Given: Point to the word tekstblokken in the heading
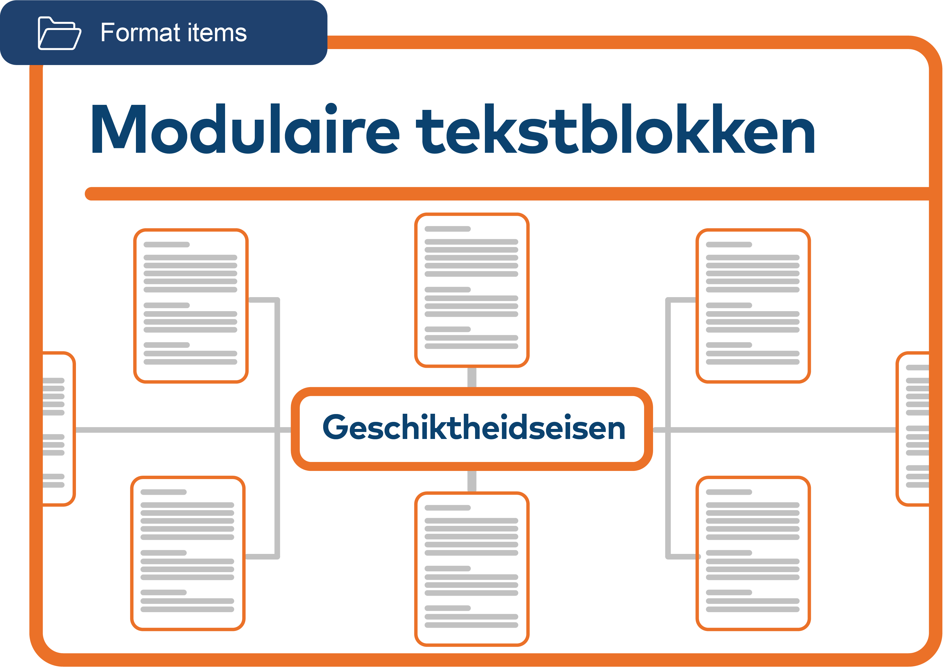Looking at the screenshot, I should click(615, 128).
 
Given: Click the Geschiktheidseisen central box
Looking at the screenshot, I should click(472, 429).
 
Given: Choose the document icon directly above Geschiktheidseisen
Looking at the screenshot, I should click(471, 290).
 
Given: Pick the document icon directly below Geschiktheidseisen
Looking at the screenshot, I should click(471, 569).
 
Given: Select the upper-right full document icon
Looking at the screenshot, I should click(753, 306).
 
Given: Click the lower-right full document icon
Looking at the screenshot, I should click(753, 553).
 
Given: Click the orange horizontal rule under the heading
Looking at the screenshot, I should click(506, 194).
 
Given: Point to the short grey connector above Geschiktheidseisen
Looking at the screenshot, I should click(472, 377).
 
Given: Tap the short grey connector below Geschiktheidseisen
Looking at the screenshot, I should click(472, 481).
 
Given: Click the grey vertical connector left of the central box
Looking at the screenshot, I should click(277, 370).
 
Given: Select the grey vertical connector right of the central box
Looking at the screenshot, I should click(668, 370).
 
